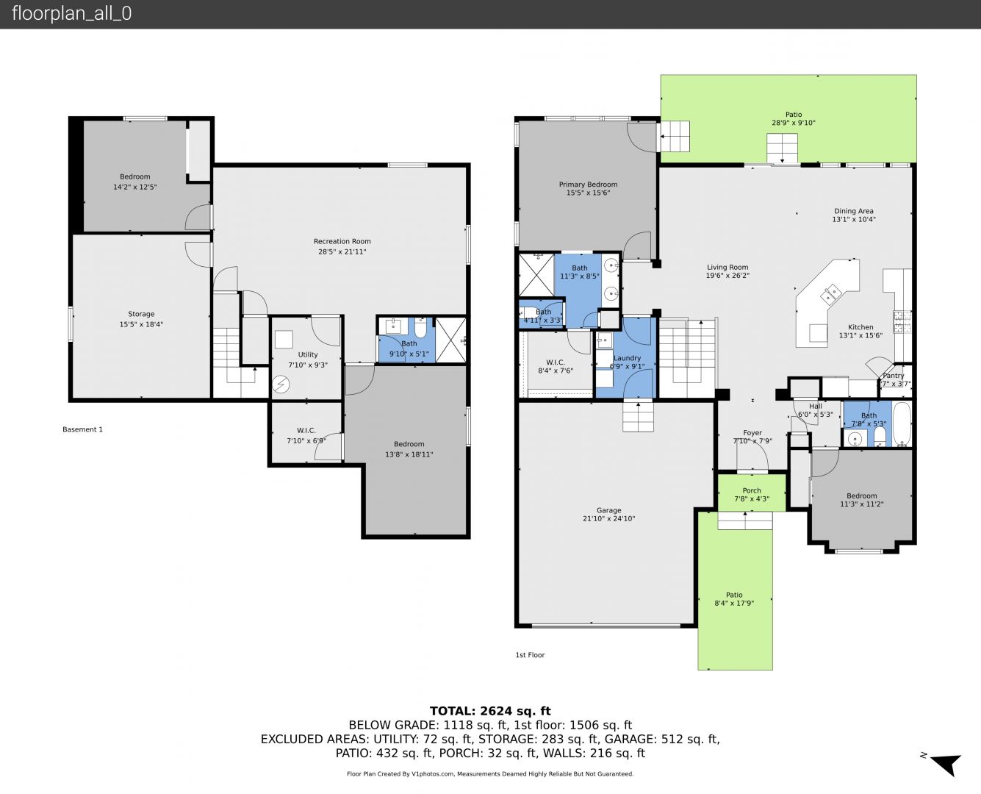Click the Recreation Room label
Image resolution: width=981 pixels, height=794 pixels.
[342, 241]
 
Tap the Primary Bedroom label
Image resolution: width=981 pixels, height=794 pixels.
[588, 185]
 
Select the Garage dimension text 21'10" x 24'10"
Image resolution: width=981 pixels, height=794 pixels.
[609, 518]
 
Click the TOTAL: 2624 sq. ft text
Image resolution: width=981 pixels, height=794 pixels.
[490, 711]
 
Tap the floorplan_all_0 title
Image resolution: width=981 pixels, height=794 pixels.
[72, 13]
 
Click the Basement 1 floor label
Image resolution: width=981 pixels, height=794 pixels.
[82, 429]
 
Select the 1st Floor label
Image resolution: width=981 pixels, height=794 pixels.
[530, 655]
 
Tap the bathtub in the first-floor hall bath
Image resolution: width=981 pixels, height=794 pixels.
[902, 424]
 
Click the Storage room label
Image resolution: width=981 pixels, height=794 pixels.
[141, 314]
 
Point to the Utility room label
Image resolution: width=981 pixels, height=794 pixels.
[308, 354]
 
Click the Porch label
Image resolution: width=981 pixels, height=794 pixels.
[752, 490]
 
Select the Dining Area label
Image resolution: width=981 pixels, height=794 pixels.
[853, 211]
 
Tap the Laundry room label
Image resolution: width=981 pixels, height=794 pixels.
[627, 358]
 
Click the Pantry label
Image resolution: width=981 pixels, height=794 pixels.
[894, 376]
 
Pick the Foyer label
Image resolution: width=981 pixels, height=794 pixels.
[752, 433]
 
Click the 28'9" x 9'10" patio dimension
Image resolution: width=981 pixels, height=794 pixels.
[794, 123]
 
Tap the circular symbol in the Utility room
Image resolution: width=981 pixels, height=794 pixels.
[281, 384]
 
